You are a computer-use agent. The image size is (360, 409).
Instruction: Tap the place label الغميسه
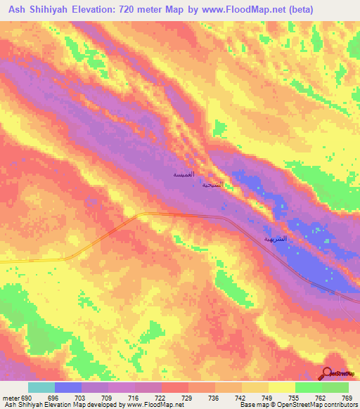click(x=184, y=174)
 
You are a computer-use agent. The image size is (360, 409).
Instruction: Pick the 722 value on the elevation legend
click(x=161, y=398)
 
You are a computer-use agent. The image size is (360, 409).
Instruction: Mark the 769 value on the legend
click(x=347, y=398)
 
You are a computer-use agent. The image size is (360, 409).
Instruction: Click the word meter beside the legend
click(x=8, y=398)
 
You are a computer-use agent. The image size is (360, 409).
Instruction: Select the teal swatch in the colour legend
click(x=41, y=387)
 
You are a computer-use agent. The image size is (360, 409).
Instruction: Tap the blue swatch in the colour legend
click(x=68, y=387)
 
